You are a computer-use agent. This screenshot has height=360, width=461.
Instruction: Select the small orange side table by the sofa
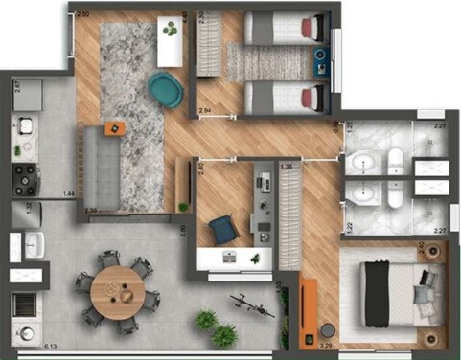113,127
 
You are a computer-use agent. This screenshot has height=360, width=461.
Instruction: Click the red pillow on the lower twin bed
309,97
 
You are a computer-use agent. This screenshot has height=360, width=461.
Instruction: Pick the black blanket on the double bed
380,292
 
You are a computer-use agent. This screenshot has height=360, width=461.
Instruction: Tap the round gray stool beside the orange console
329,325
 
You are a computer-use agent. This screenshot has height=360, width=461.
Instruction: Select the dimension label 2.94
204,112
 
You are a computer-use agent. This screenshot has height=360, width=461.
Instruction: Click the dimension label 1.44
68,194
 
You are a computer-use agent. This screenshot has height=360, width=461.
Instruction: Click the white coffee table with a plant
170,42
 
